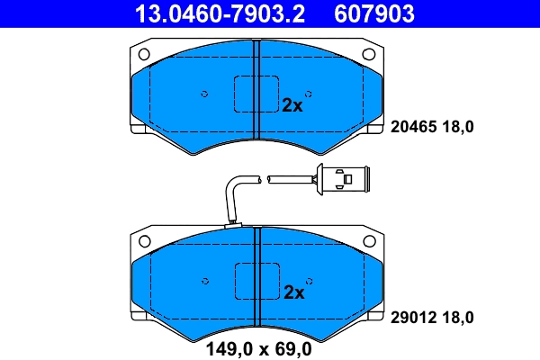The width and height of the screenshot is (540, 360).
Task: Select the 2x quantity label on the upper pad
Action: click(292, 104)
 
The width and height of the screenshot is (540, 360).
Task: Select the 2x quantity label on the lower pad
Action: click(294, 292)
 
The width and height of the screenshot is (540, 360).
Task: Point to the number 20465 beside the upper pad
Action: click(412, 128)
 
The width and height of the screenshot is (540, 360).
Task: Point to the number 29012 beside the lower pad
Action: click(412, 317)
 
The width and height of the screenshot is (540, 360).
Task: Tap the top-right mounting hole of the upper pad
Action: click(368, 54)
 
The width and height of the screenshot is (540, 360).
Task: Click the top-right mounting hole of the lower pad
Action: click(368, 241)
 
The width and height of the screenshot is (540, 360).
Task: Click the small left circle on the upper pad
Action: click(204, 94)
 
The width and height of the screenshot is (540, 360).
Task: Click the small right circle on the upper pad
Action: click(308, 94)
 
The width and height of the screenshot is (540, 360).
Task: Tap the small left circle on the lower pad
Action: click(204, 281)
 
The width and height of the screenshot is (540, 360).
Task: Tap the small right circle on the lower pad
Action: click(308, 281)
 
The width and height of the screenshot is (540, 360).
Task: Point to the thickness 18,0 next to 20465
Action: click(456, 128)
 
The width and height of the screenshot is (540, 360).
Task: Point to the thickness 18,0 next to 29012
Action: click(456, 317)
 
